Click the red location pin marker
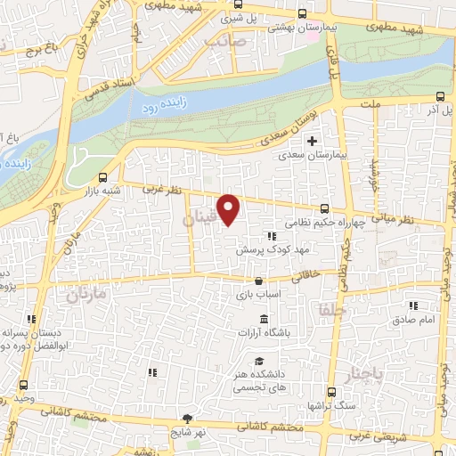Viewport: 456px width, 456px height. (x=229, y=209)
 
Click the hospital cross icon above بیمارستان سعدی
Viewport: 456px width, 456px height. (x=312, y=140)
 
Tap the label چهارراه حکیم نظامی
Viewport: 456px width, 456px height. (x=322, y=224)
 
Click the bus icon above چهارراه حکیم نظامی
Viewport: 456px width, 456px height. (x=334, y=208)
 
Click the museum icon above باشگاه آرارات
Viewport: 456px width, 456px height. (x=264, y=319)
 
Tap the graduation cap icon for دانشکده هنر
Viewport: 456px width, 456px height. (x=257, y=361)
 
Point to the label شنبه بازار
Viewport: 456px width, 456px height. (x=102, y=191)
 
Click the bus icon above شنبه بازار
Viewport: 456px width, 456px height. (x=103, y=176)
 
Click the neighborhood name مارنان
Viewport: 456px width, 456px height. (x=85, y=292)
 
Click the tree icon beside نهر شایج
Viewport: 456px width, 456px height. (x=187, y=417)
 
